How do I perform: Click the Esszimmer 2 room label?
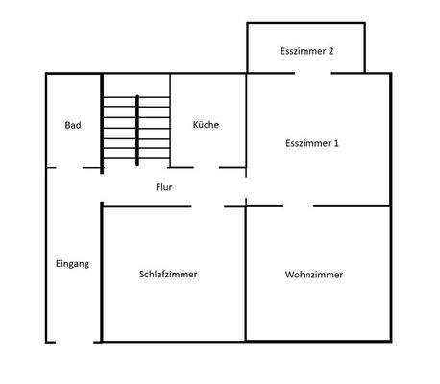(306, 51)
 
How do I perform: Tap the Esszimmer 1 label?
(313, 143)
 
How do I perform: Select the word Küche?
(206, 125)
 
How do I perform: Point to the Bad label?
(72, 125)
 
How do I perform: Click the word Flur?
(164, 187)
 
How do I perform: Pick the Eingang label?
(72, 264)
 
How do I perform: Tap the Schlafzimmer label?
(168, 275)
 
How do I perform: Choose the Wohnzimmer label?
(314, 275)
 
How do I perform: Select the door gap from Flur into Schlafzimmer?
(208, 206)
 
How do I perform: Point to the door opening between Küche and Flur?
(203, 168)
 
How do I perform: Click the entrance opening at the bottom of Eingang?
(74, 342)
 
